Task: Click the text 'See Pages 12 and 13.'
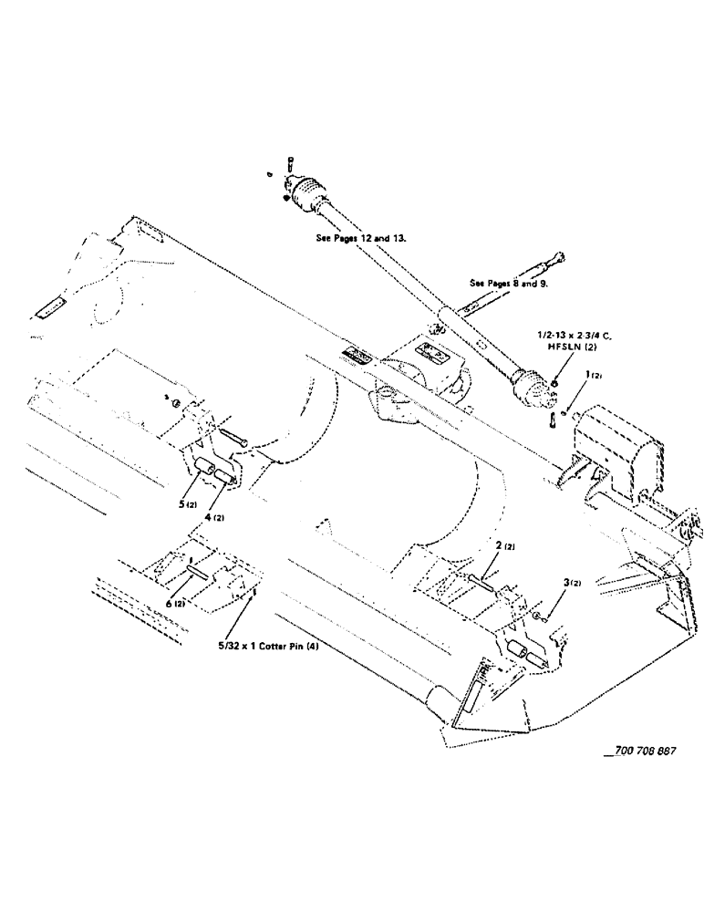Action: tap(358, 237)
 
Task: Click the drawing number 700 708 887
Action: tap(645, 750)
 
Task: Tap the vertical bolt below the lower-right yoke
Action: tap(554, 420)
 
